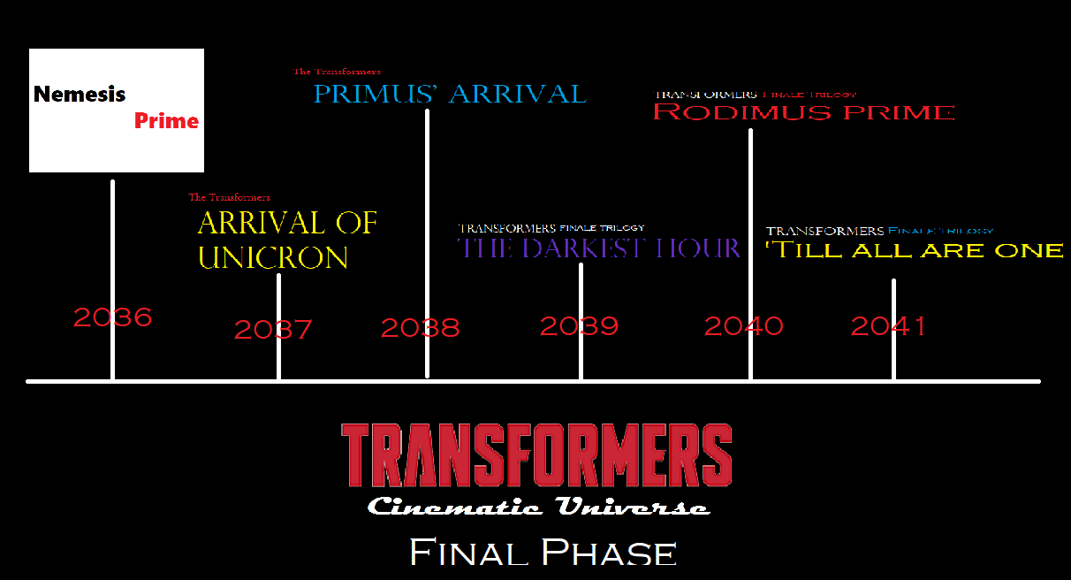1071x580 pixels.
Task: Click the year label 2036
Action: point(112,317)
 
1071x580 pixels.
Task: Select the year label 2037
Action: point(273,330)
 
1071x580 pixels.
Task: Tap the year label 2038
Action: point(420,328)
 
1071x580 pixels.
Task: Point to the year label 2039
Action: point(579,326)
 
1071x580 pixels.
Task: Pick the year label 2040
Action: point(743,326)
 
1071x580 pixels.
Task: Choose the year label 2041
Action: point(888,326)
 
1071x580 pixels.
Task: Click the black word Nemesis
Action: point(80,94)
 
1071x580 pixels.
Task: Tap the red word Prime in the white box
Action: point(166,121)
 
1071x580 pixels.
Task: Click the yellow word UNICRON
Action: point(273,257)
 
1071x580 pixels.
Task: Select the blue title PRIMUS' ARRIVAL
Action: point(449,94)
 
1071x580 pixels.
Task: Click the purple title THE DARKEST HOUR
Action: point(598,248)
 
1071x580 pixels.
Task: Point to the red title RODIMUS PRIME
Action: point(803,112)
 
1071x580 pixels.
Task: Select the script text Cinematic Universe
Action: point(538,507)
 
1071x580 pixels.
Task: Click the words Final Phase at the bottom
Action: point(543,553)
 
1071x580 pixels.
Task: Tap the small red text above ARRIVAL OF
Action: point(229,197)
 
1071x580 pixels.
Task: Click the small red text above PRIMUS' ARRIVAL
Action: point(337,72)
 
